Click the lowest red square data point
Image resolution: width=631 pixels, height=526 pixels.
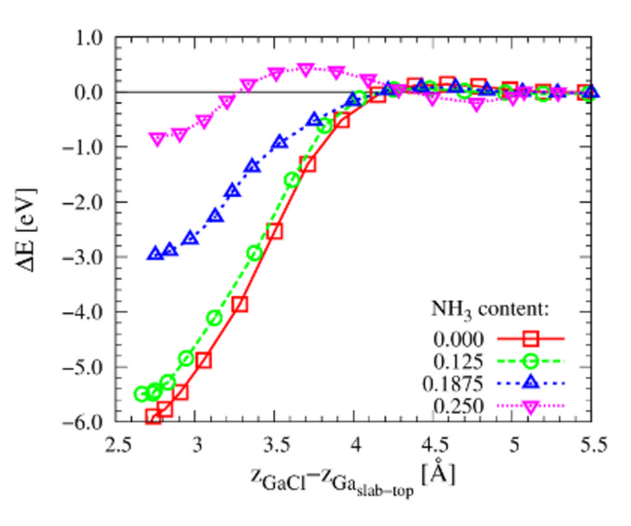(154, 417)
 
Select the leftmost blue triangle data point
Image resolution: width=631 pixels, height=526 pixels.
(154, 254)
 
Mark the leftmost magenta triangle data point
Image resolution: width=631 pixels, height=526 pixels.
(157, 139)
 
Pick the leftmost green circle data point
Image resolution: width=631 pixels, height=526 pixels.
(142, 394)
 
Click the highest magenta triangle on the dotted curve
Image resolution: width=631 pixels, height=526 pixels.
(306, 69)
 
